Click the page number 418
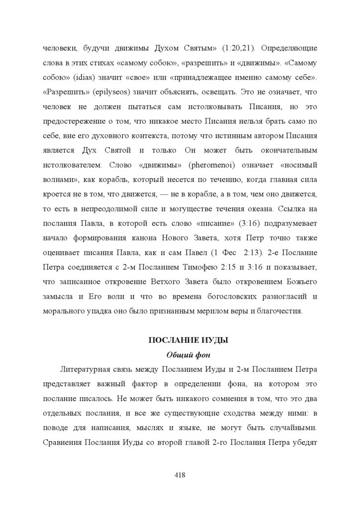click(180, 475)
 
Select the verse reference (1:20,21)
click(236, 49)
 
